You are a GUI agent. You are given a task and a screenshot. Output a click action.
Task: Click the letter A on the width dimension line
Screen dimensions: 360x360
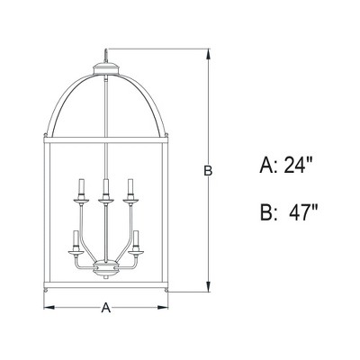[105, 309]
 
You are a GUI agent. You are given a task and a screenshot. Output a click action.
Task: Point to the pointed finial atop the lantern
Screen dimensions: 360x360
[106, 52]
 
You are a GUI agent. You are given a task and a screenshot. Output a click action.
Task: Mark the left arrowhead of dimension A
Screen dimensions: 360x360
[48, 309]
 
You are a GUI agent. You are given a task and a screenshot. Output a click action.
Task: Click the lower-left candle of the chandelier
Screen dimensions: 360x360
[75, 241]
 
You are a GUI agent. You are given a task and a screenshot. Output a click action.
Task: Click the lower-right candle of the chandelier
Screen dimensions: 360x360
[138, 241]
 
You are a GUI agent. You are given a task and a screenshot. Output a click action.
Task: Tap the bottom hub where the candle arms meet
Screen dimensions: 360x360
[106, 268]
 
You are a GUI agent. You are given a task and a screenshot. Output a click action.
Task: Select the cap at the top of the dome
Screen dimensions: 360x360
[106, 64]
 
